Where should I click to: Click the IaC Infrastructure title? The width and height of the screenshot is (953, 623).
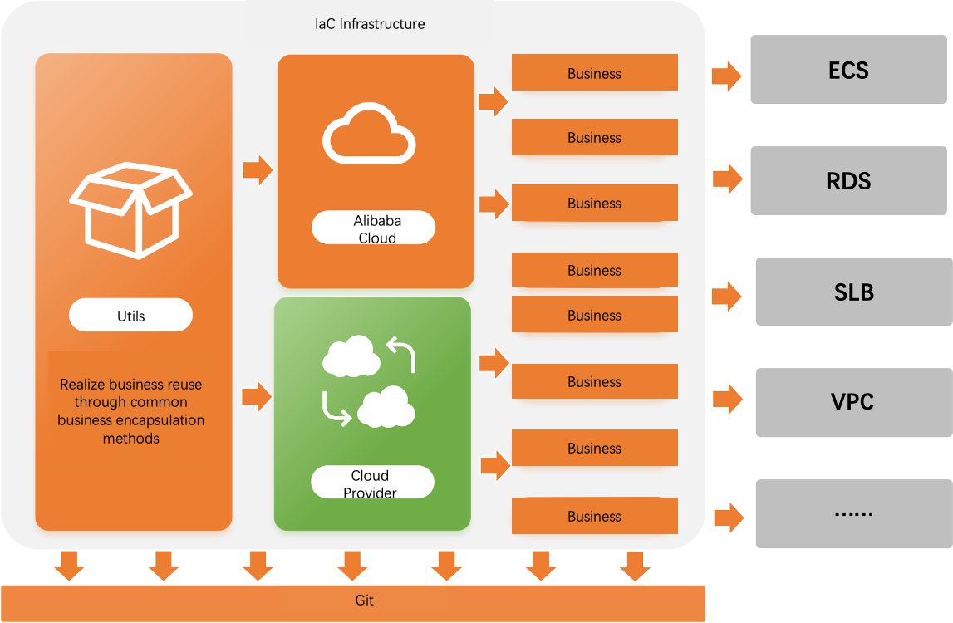click(370, 24)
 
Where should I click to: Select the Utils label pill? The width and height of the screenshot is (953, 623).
click(130, 316)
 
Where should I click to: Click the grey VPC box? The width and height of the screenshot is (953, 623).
click(852, 401)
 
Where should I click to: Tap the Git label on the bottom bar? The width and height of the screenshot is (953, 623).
click(364, 601)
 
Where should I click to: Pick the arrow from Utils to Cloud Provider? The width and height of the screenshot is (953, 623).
click(257, 396)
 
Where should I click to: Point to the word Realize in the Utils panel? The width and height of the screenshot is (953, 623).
click(83, 385)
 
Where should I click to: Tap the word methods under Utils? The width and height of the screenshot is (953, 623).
click(130, 439)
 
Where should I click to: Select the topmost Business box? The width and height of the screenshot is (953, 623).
click(594, 73)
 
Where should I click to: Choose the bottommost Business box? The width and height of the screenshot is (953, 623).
click(594, 516)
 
